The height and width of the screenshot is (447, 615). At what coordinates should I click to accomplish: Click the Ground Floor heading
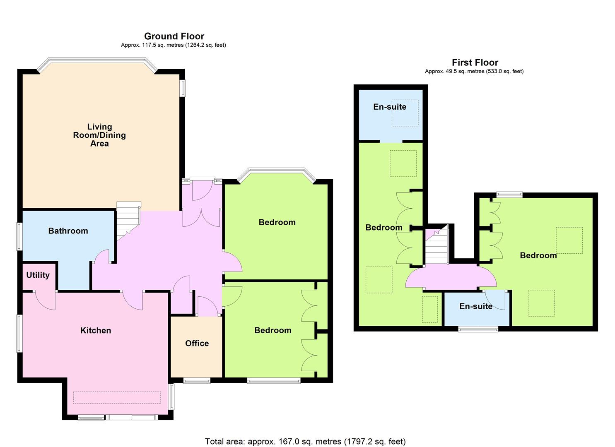click(x=174, y=36)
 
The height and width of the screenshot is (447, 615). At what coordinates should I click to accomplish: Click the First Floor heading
click(x=475, y=62)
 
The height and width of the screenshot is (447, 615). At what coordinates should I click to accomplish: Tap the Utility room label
click(x=38, y=275)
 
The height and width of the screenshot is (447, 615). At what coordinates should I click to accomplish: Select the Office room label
click(x=197, y=343)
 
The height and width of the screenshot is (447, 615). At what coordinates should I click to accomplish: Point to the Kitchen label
click(x=96, y=330)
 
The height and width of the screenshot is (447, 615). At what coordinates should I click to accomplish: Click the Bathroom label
click(x=68, y=231)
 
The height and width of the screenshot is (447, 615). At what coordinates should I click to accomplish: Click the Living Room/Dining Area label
click(x=99, y=135)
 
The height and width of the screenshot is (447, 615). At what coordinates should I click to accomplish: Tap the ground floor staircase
click(x=128, y=221)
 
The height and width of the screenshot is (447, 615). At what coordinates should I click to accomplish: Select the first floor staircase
click(x=437, y=245)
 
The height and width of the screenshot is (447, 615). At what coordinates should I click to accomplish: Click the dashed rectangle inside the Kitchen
click(x=117, y=398)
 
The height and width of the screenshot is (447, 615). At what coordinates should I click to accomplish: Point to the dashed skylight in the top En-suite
click(x=405, y=113)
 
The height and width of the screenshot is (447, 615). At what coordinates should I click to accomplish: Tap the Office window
click(x=197, y=380)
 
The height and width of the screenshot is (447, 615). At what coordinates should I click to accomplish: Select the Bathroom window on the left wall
click(x=19, y=236)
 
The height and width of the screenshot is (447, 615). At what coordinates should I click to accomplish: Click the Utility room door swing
click(x=44, y=300)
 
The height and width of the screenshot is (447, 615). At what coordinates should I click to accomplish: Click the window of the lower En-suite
click(x=478, y=329)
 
